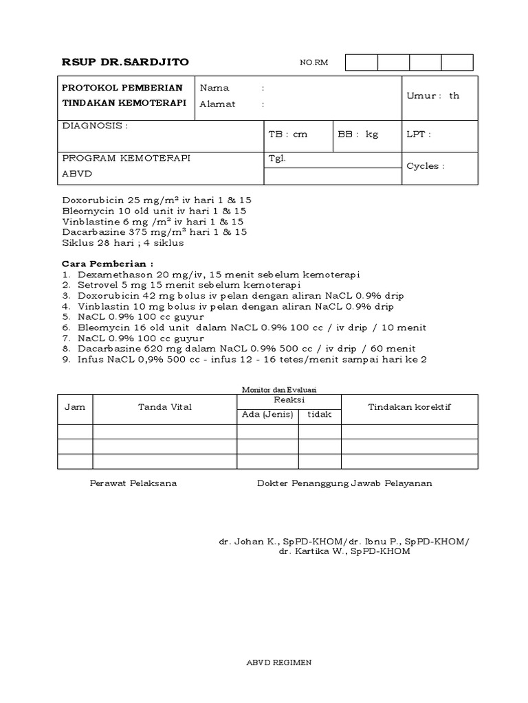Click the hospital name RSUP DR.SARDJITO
[x=125, y=62]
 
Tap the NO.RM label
[x=314, y=63]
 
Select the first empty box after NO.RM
[x=362, y=62]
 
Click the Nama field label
[x=214, y=88]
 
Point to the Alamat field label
[x=217, y=104]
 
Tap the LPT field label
[x=419, y=135]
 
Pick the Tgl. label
[x=276, y=158]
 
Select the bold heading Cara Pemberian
[x=107, y=263]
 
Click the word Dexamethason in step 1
[x=107, y=275]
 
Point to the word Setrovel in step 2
[x=96, y=285]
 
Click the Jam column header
[x=75, y=407]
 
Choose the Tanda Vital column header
[x=165, y=407]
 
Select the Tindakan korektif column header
[x=410, y=407]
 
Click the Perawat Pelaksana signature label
[x=133, y=483]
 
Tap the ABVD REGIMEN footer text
[x=279, y=662]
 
